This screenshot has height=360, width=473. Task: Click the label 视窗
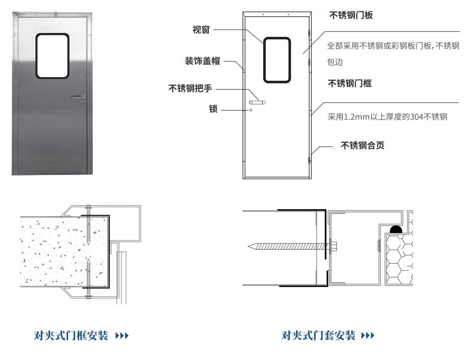tap(201, 30)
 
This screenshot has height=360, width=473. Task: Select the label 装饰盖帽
tap(202, 61)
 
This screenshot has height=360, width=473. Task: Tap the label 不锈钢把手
tap(190, 88)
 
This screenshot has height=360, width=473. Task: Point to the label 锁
tap(213, 109)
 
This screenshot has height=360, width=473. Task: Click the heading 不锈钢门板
tap(351, 15)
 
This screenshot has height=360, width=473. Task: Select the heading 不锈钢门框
tap(349, 83)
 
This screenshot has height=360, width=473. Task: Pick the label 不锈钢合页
tap(363, 146)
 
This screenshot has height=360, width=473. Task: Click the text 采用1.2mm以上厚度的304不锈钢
tap(388, 117)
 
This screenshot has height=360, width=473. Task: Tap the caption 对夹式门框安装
tap(71, 335)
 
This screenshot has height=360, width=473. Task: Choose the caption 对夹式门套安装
tap(318, 335)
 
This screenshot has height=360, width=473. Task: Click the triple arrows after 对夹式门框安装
tap(122, 336)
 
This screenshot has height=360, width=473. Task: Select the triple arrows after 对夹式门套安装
tap(368, 336)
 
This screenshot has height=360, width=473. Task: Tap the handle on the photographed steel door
tap(78, 97)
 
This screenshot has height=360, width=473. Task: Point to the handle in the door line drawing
tap(257, 102)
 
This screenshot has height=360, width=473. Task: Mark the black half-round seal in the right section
tap(396, 229)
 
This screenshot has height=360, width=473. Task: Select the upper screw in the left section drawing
tap(88, 225)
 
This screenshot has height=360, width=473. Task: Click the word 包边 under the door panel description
tap(335, 62)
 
